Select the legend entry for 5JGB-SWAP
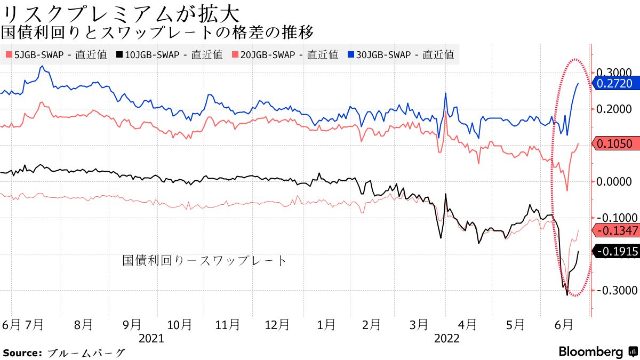(x=56, y=54)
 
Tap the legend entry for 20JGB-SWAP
(x=286, y=54)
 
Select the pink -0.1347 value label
(x=615, y=230)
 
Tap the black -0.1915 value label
(x=615, y=251)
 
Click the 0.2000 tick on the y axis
(x=614, y=109)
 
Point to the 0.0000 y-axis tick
(x=614, y=182)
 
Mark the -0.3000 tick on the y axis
(x=614, y=291)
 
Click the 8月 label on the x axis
(x=84, y=324)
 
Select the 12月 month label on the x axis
(x=277, y=324)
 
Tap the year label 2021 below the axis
(x=151, y=338)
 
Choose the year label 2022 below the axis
(x=447, y=338)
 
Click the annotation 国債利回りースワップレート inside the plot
(x=205, y=261)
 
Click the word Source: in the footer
(x=22, y=353)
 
